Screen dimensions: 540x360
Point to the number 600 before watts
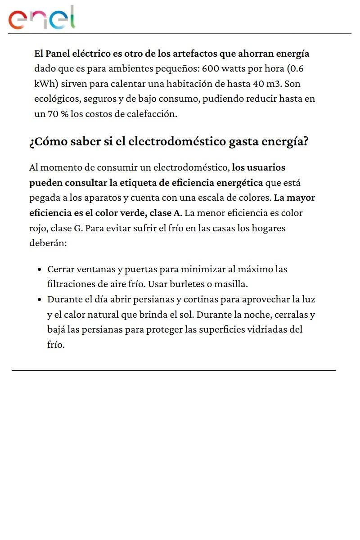(210, 69)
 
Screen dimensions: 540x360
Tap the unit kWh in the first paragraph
(45, 84)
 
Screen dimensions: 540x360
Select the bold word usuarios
(266, 168)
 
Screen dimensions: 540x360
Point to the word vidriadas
(269, 330)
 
